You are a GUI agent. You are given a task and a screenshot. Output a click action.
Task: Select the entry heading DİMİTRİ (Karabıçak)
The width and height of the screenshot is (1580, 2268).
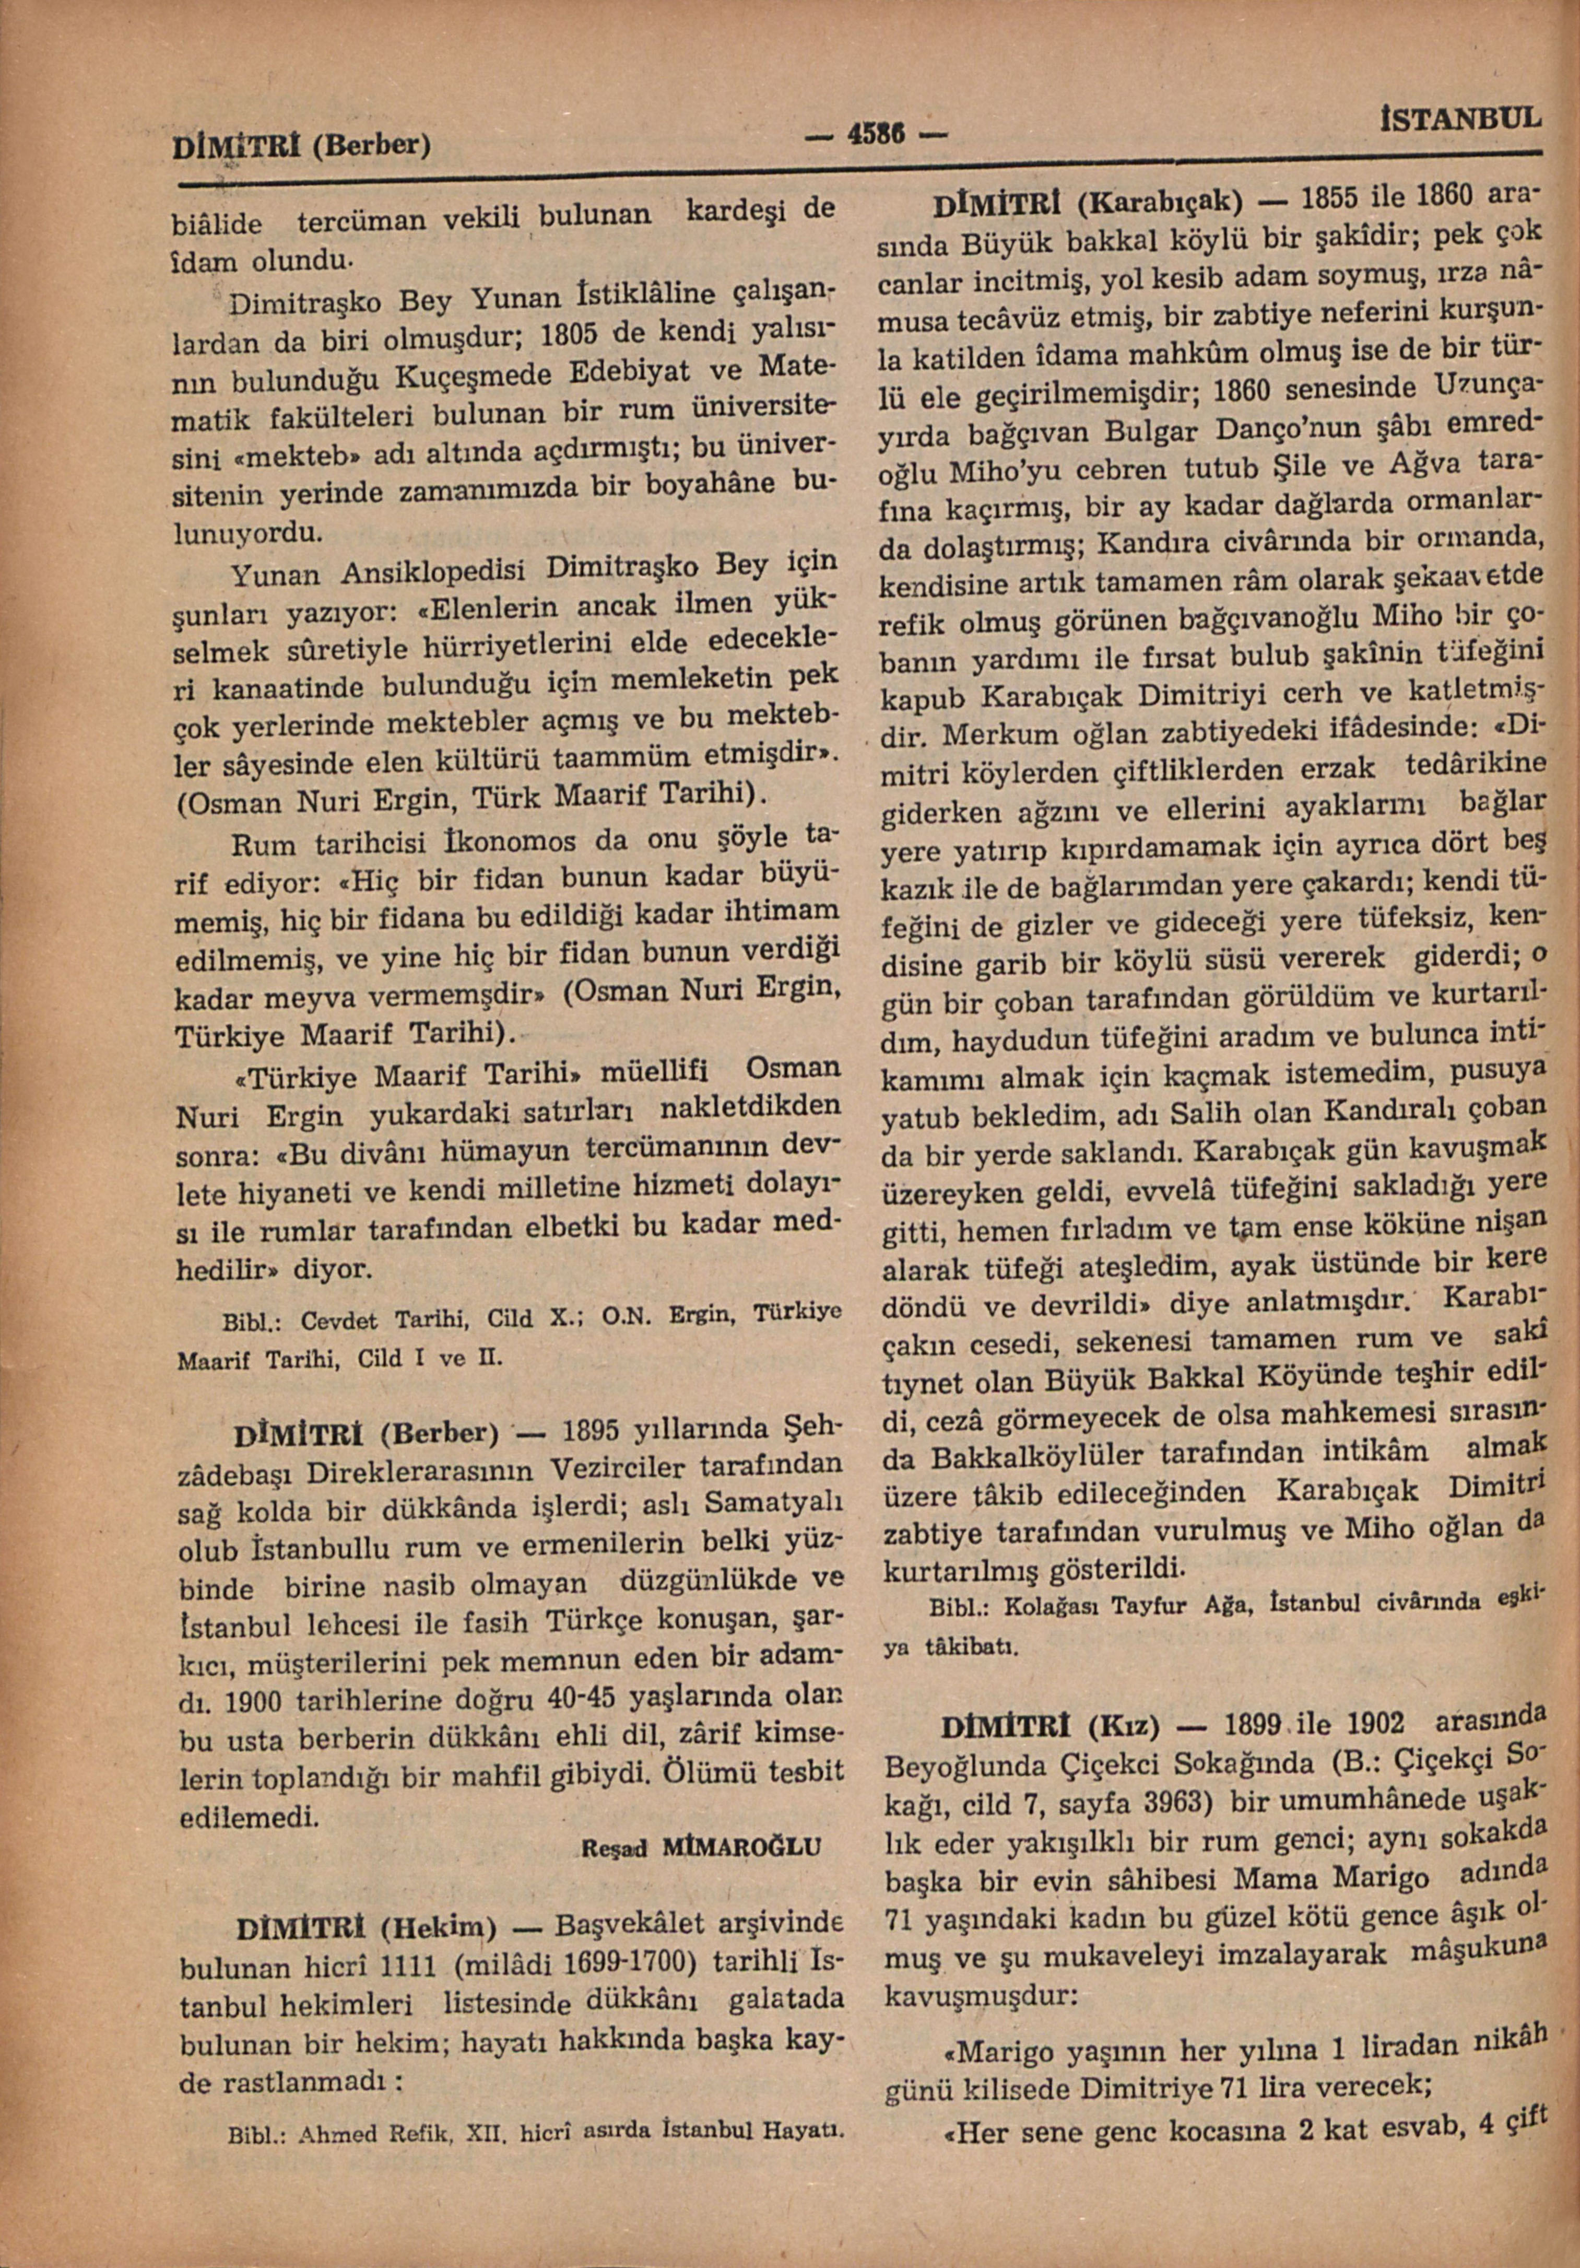(1086, 201)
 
